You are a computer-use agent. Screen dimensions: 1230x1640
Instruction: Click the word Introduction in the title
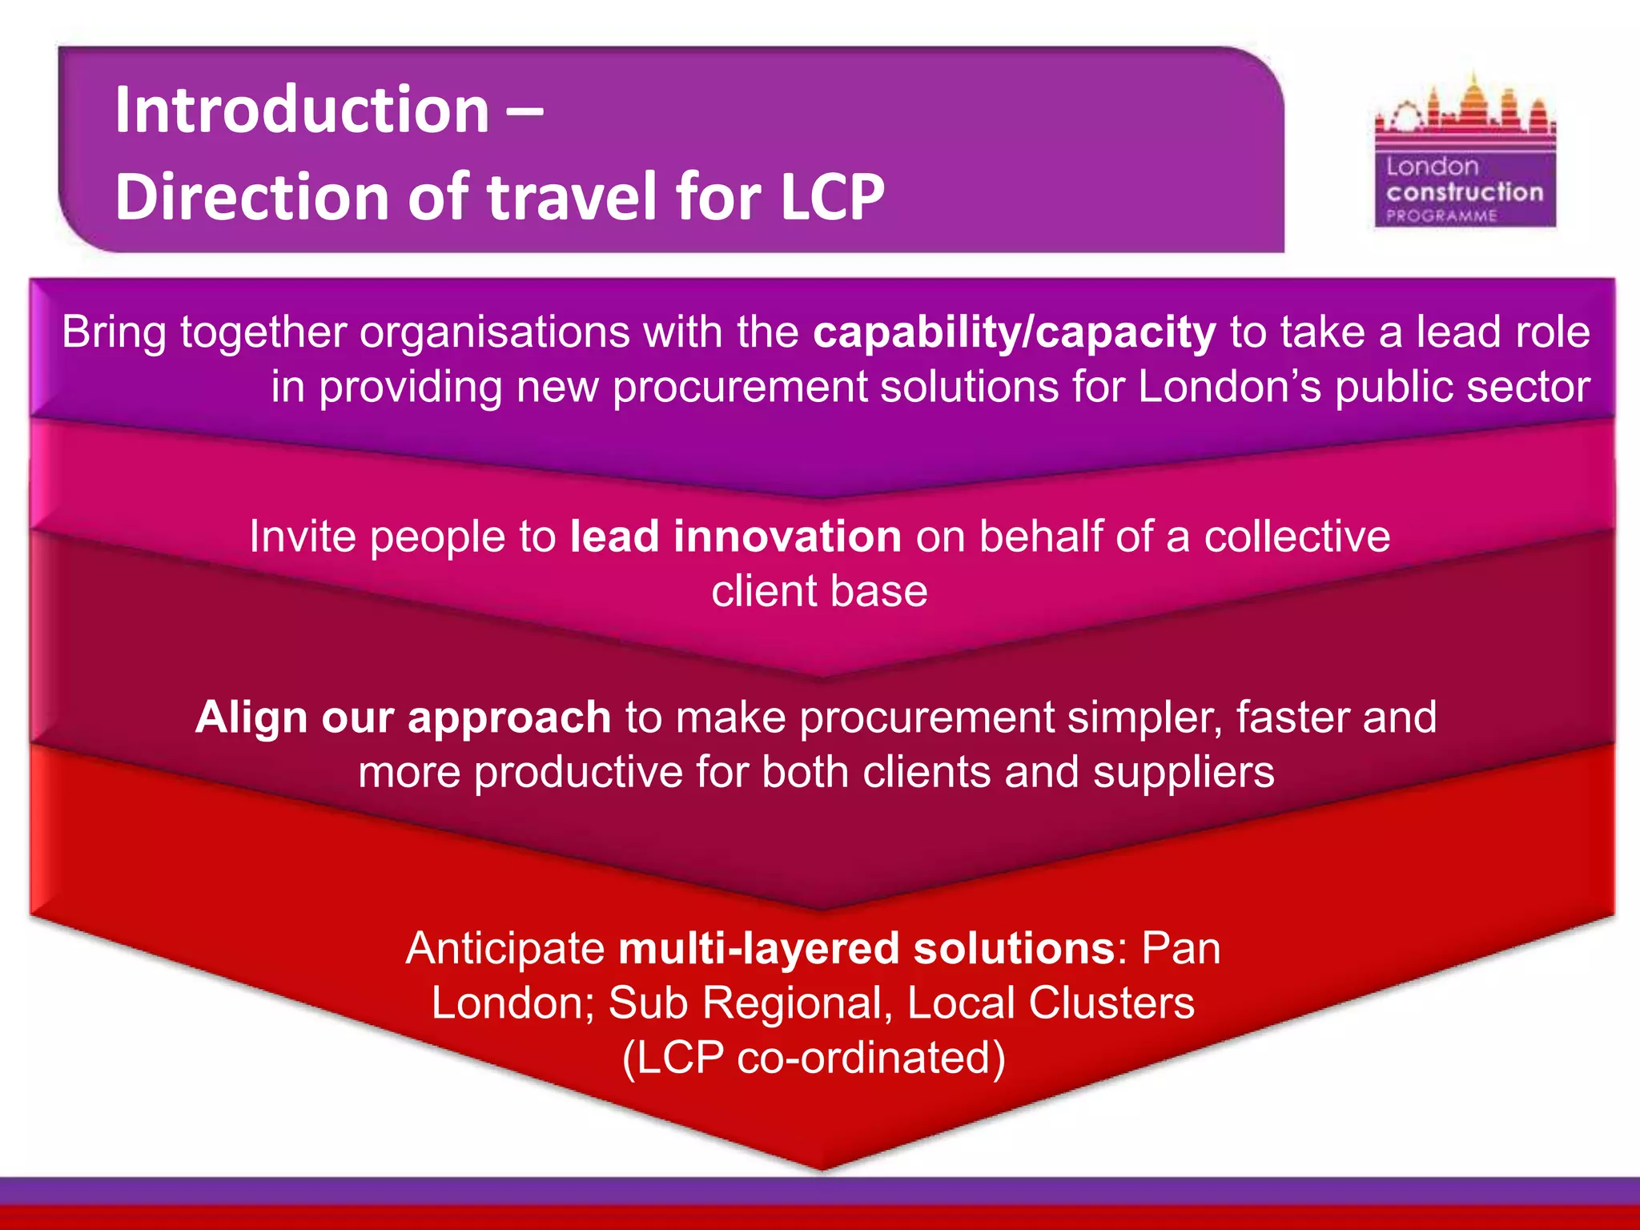301,110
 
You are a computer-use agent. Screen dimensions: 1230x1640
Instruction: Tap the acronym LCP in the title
832,197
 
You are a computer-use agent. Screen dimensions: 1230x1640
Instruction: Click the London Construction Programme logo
1465,152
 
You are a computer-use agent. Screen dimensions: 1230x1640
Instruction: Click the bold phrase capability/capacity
1014,332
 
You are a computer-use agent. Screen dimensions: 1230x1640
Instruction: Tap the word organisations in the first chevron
494,332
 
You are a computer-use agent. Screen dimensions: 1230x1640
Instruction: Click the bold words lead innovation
735,536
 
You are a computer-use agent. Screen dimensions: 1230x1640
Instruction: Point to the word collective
1296,536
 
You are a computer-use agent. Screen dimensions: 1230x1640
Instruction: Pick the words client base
819,591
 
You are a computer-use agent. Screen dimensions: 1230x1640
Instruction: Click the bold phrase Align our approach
403,717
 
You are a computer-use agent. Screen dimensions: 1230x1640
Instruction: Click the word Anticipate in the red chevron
505,948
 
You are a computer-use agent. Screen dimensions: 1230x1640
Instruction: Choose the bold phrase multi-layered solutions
866,948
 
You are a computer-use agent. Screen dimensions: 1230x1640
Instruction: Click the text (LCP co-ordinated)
814,1057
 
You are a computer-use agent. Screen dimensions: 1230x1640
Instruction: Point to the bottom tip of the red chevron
822,1166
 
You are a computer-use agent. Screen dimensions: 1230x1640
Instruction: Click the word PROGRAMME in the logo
1441,216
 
